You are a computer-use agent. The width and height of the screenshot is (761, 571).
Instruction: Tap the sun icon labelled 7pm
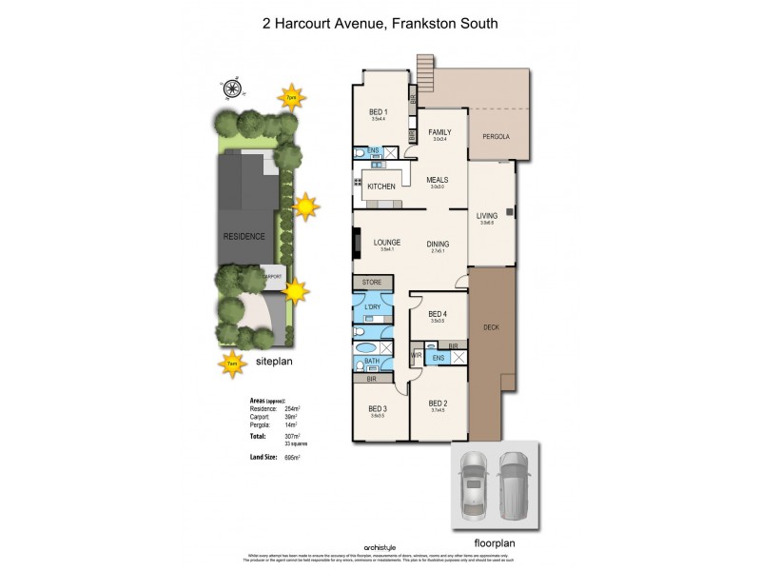click(290, 97)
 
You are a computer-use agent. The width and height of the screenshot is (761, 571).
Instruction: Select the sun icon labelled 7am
click(231, 362)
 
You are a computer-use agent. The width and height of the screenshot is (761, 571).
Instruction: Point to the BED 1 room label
click(379, 112)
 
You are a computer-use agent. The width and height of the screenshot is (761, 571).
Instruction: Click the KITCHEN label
click(380, 187)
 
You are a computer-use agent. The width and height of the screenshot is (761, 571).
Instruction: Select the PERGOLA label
click(496, 137)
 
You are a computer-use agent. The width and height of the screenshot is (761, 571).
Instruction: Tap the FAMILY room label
click(439, 132)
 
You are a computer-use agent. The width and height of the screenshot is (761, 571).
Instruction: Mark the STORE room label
click(370, 283)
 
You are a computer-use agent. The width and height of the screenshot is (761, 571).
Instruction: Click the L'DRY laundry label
click(372, 308)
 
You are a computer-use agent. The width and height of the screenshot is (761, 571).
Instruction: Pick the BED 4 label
click(438, 314)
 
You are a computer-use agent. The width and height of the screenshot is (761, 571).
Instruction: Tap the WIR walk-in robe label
click(417, 356)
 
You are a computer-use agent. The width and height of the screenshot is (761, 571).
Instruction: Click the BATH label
click(370, 362)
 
